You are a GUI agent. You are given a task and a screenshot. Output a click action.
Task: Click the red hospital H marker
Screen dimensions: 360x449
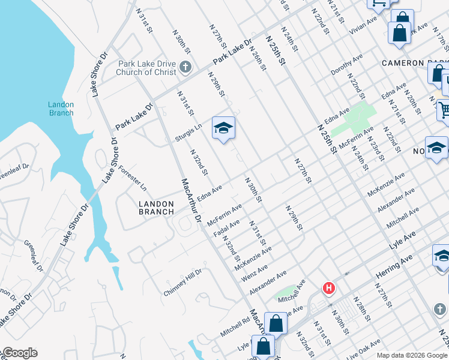click(x=328, y=289)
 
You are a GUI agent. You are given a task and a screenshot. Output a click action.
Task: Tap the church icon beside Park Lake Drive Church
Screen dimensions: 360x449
click(x=185, y=67)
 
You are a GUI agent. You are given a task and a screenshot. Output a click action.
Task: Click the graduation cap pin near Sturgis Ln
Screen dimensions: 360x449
click(x=223, y=128)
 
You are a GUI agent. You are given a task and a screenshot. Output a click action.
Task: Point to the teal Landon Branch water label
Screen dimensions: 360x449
click(x=61, y=109)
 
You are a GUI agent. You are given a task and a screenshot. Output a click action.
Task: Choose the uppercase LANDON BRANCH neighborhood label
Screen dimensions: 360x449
click(x=156, y=208)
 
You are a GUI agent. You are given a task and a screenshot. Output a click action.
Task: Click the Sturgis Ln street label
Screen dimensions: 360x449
click(x=188, y=133)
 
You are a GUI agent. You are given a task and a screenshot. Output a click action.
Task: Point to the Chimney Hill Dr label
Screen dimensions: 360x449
click(x=183, y=282)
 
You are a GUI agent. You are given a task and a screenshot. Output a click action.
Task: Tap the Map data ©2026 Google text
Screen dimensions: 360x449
click(x=411, y=355)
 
